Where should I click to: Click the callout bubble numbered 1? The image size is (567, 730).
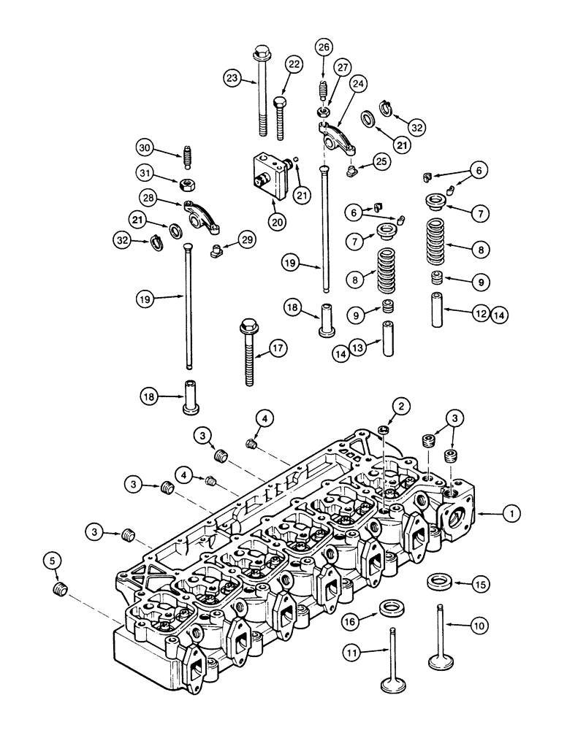[x=513, y=515]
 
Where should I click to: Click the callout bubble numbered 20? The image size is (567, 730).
[x=276, y=220]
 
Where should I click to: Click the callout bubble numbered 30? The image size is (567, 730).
[x=144, y=148]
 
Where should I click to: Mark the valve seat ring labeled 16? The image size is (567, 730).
[x=393, y=608]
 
